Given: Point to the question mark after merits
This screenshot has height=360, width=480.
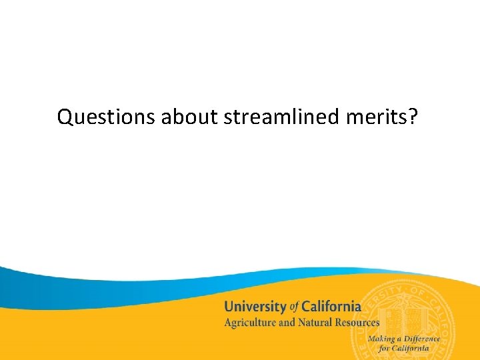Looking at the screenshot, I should pyautogui.click(x=414, y=117).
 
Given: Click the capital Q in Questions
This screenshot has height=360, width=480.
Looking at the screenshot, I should pyautogui.click(x=65, y=117).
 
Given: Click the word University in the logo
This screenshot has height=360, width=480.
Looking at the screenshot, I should pyautogui.click(x=255, y=307).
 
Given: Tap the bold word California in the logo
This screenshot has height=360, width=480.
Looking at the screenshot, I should pyautogui.click(x=331, y=307).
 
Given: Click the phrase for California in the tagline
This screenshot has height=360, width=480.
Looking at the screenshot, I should pyautogui.click(x=403, y=349).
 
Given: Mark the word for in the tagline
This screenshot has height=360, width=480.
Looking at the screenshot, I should pyautogui.click(x=384, y=349).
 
